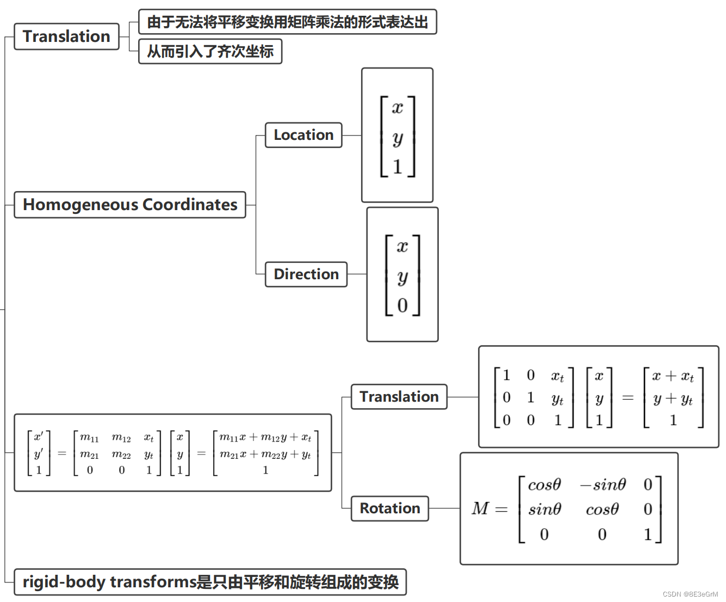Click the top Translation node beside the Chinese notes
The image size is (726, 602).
click(x=66, y=36)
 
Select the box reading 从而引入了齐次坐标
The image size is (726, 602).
click(x=210, y=52)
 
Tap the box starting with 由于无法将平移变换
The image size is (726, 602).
click(x=287, y=22)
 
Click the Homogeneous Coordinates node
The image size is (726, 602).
click(x=130, y=205)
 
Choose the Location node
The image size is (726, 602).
click(x=303, y=135)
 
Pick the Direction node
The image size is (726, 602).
click(x=306, y=274)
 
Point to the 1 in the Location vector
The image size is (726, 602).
click(x=398, y=167)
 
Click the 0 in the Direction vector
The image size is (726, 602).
click(x=402, y=305)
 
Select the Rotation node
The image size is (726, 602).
click(x=390, y=508)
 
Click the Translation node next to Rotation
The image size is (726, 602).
click(x=399, y=397)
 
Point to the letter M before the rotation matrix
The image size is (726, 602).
click(x=480, y=508)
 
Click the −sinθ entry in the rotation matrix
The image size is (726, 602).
click(x=603, y=484)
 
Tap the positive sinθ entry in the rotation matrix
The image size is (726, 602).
click(x=544, y=509)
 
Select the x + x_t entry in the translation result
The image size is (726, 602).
click(x=673, y=376)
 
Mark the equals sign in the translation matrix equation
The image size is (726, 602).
click(x=628, y=398)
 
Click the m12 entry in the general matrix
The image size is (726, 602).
click(x=121, y=438)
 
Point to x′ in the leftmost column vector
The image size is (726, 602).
click(x=39, y=437)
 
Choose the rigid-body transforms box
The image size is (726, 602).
click(x=210, y=582)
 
